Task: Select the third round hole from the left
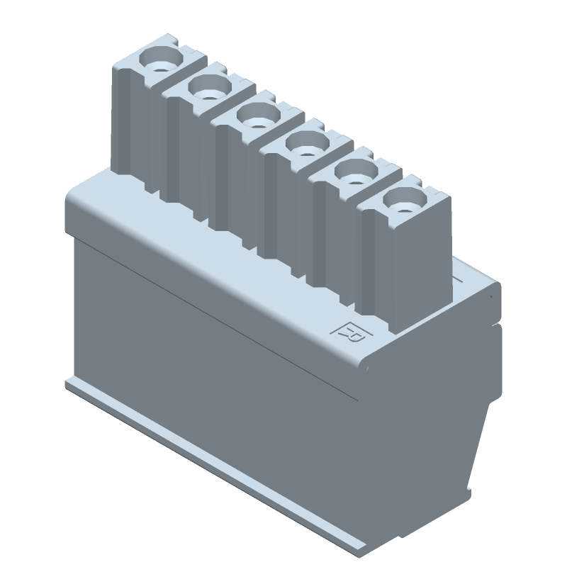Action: click(255, 116)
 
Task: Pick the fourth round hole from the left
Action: click(303, 145)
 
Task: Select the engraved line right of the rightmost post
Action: click(461, 281)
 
